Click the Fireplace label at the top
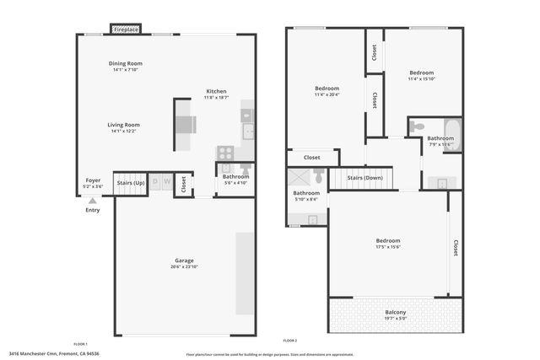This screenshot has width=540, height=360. coord(128,30)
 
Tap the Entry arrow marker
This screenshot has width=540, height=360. coord(92,201)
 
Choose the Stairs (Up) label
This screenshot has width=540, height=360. coord(130,182)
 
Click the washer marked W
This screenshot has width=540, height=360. coord(167,181)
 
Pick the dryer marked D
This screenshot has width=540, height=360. coord(156,181)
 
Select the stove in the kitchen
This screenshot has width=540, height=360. coord(225,153)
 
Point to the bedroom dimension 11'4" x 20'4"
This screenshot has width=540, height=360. coord(327,94)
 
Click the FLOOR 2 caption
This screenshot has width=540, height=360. coord(289,341)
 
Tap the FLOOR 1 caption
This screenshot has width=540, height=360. coord(81,343)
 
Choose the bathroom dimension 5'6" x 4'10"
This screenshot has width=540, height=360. coord(235,182)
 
